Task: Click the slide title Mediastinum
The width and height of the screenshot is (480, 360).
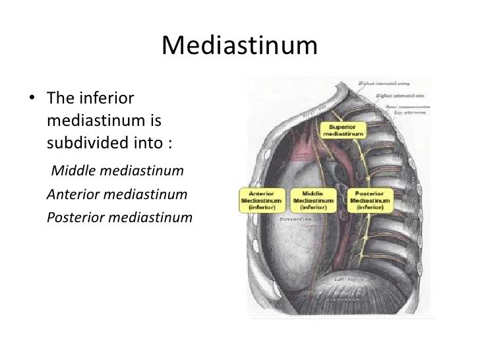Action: click(x=239, y=46)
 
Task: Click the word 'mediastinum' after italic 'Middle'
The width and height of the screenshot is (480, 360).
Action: click(x=140, y=172)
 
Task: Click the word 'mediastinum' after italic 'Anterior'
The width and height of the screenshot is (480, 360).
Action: click(x=149, y=195)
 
